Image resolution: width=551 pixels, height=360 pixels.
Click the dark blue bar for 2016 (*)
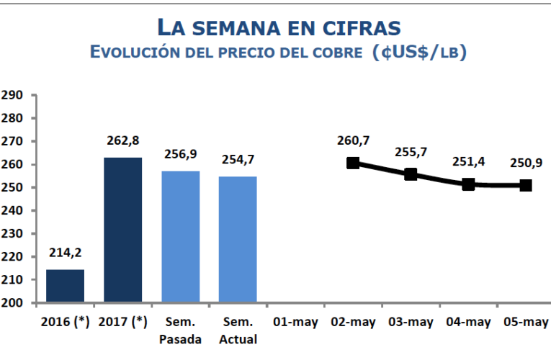[65, 286]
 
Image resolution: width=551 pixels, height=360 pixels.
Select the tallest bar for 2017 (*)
[122, 230]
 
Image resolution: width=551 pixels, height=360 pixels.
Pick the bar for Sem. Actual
[238, 239]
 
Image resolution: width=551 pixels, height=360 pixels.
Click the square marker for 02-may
[353, 163]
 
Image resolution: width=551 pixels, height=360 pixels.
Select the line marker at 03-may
[411, 174]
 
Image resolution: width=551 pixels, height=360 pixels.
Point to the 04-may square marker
[468, 184]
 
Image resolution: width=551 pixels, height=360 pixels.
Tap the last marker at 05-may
[526, 185]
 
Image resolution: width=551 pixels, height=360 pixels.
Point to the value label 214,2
[65, 253]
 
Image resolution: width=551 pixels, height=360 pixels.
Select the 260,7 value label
[353, 140]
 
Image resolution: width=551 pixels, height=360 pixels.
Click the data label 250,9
[526, 162]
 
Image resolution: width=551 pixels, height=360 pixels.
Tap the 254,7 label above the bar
[238, 161]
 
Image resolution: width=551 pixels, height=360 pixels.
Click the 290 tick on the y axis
[13, 95]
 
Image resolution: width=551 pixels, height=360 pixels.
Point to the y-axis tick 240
[13, 210]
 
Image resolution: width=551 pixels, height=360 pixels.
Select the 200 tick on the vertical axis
[13, 302]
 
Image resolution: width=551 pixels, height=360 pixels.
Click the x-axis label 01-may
[295, 323]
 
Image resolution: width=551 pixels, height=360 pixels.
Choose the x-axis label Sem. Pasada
[180, 330]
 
